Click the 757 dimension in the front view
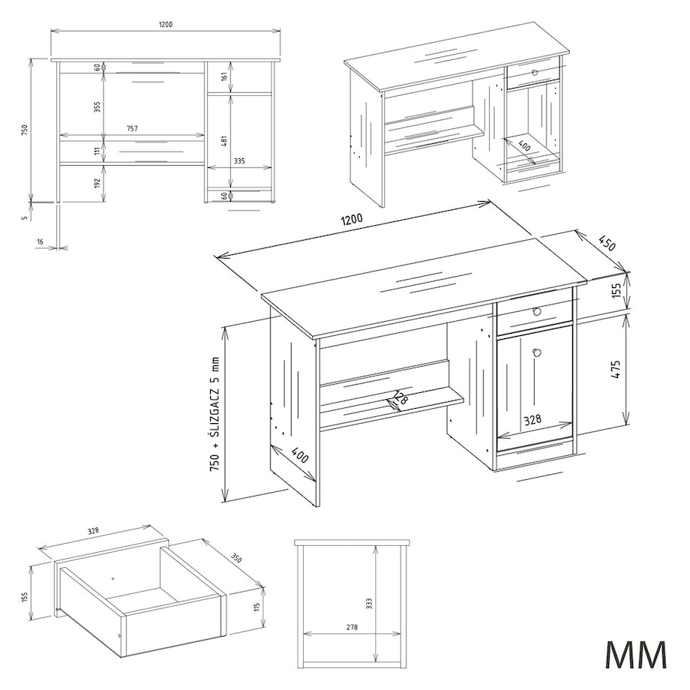(x=132, y=129)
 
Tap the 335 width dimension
(x=239, y=160)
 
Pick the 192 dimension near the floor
(x=97, y=182)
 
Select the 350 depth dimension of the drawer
(x=236, y=558)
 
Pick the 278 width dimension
(x=352, y=628)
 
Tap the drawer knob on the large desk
(x=536, y=311)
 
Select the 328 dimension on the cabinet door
(x=532, y=421)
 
